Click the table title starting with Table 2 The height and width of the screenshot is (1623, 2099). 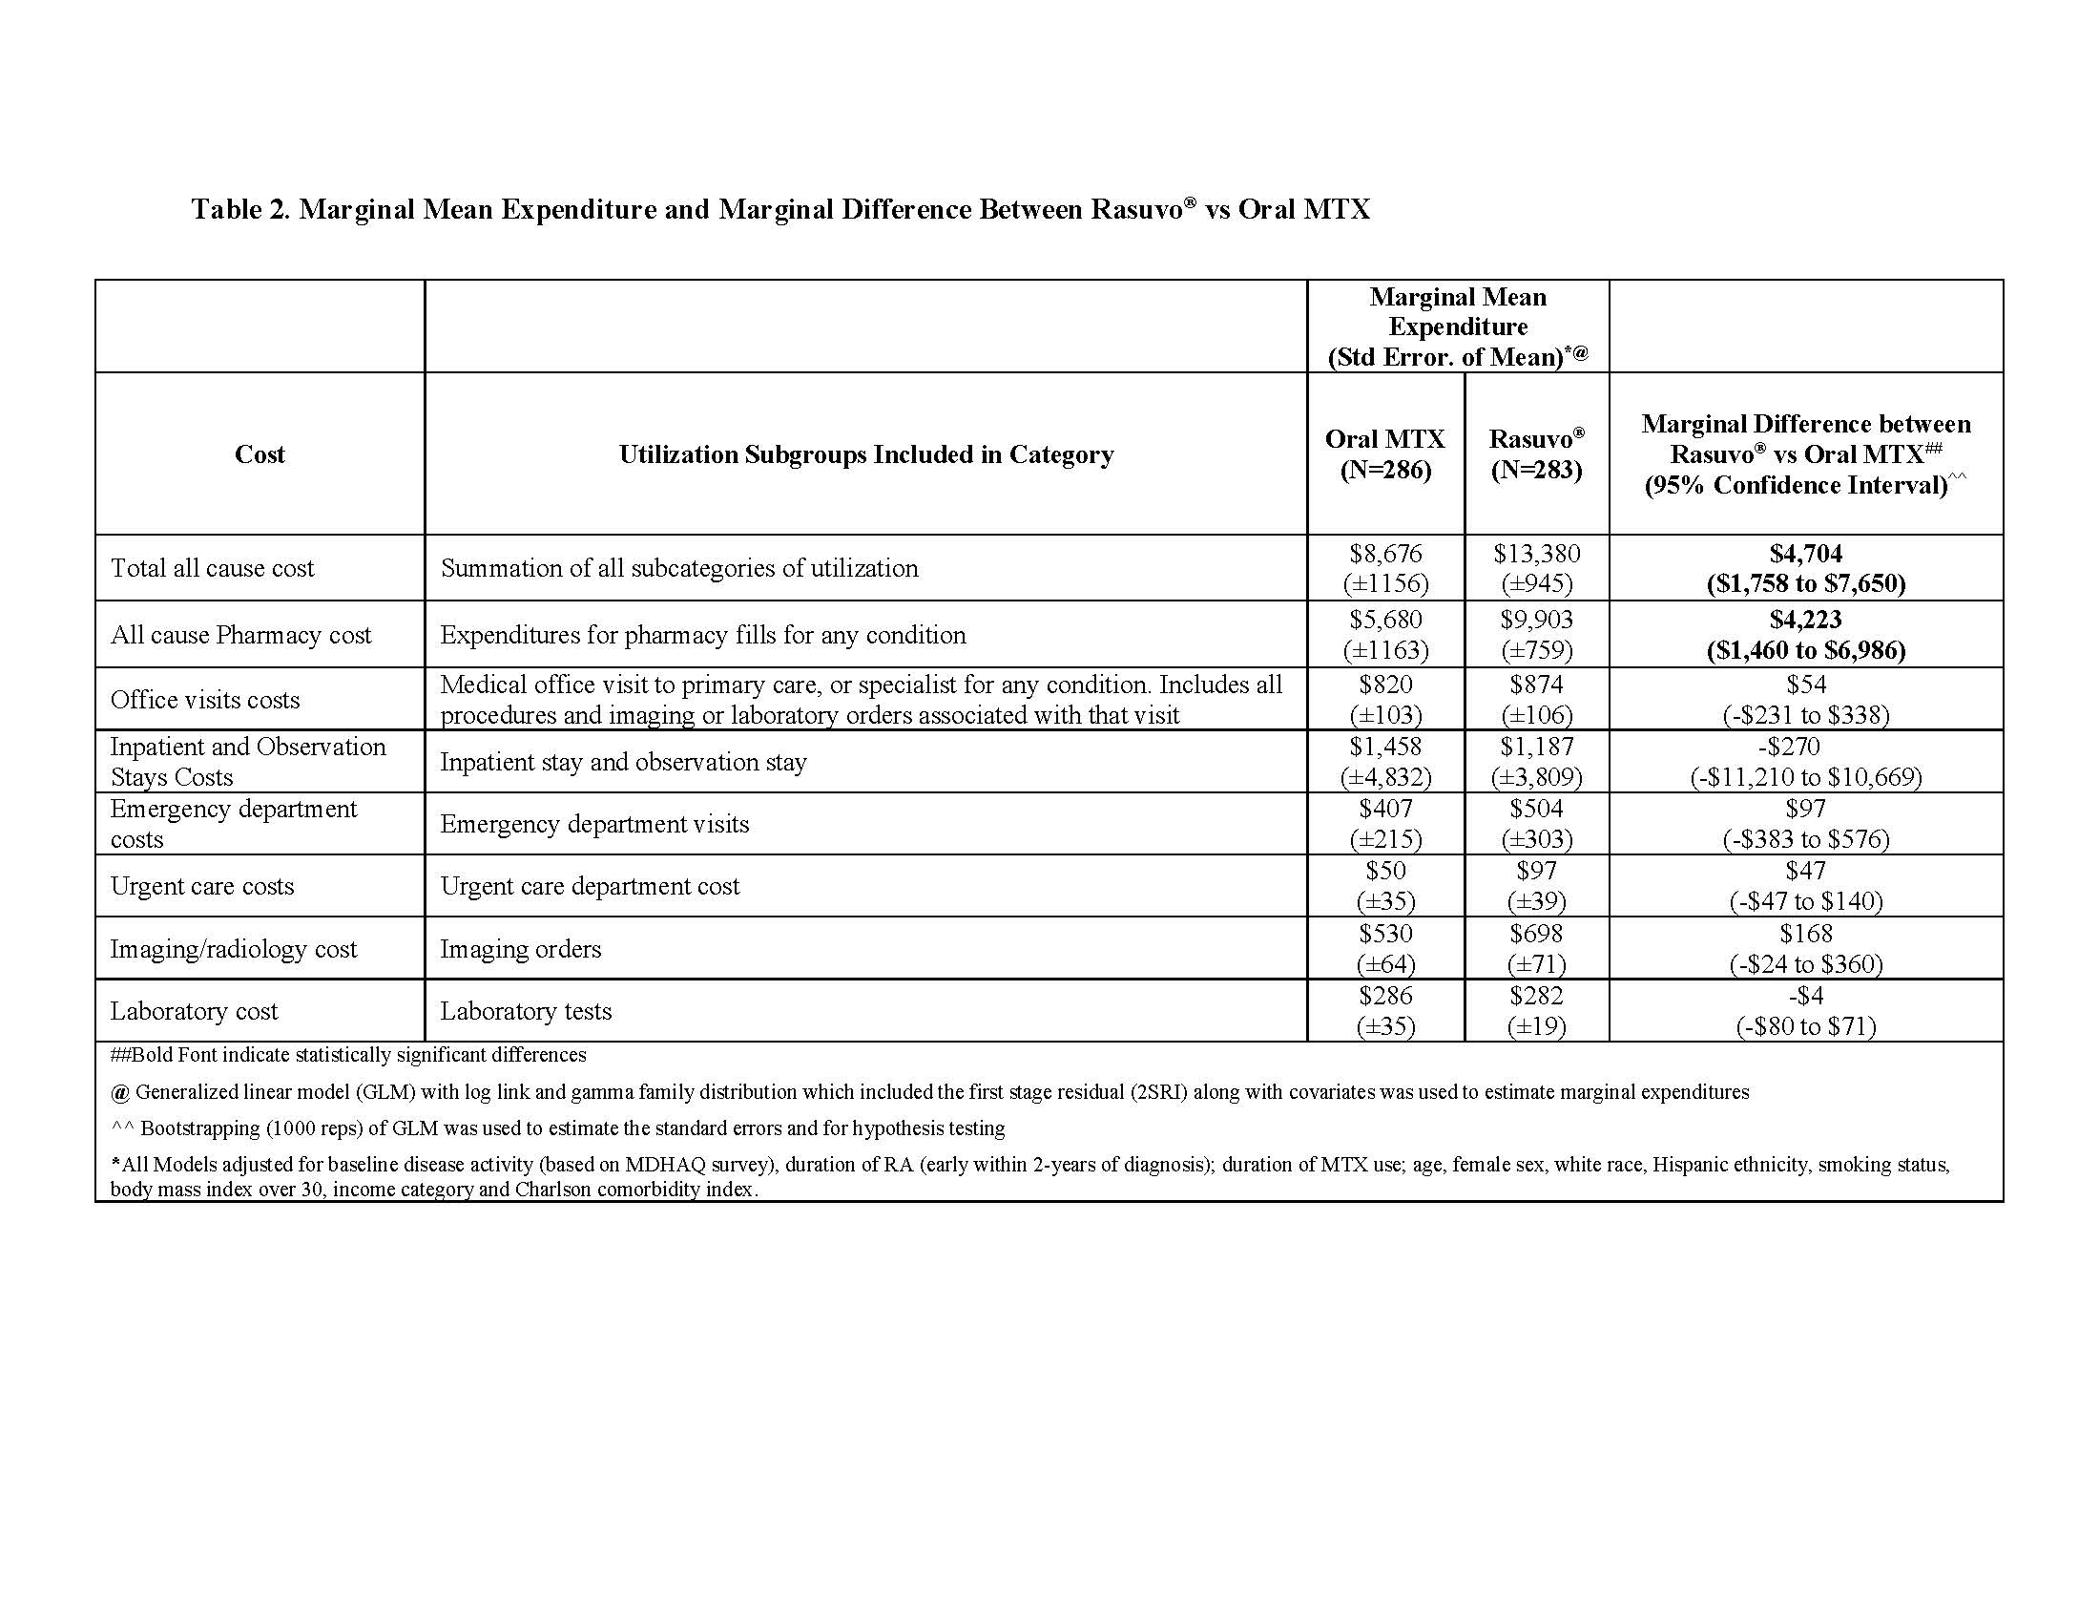tap(780, 209)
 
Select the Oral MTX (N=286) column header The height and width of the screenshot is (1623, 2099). tap(1385, 453)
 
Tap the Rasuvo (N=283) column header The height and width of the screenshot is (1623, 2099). tap(1536, 453)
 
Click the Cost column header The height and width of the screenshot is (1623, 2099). tap(260, 453)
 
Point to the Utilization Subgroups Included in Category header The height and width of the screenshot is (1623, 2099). tap(865, 453)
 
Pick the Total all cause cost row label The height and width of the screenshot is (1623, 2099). tap(213, 568)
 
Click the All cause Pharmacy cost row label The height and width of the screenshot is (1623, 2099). tap(240, 635)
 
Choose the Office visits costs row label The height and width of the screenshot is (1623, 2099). tap(205, 700)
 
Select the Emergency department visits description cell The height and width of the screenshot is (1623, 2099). tap(594, 824)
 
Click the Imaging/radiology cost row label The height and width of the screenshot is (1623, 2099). tap(233, 949)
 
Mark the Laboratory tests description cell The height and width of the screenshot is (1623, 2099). tap(526, 1011)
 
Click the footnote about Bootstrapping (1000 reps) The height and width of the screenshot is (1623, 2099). tap(557, 1128)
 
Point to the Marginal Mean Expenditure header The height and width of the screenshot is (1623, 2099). tap(1457, 326)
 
